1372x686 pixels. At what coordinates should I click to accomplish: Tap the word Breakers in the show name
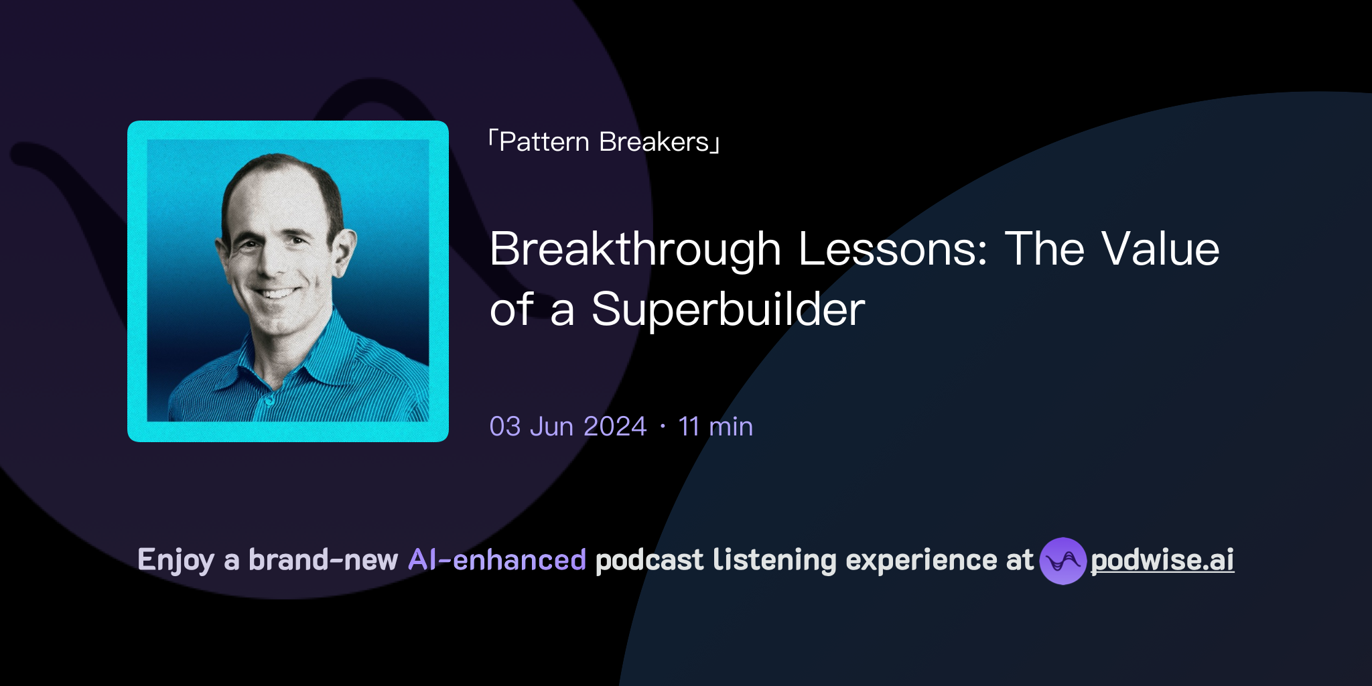point(654,142)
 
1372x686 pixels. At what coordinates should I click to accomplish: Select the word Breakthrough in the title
point(635,249)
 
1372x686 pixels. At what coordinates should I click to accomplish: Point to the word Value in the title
point(1160,249)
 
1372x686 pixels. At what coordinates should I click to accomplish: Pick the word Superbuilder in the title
point(728,310)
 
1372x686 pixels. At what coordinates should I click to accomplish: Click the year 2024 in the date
point(614,427)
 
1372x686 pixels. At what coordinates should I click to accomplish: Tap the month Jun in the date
point(551,427)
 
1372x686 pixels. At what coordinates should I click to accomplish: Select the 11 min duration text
point(715,427)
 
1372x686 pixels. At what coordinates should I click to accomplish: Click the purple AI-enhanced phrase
point(497,560)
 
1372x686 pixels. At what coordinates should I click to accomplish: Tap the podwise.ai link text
point(1162,560)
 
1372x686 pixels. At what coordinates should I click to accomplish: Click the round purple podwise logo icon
point(1062,561)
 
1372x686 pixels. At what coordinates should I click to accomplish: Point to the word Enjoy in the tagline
point(176,560)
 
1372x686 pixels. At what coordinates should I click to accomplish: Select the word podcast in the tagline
point(649,560)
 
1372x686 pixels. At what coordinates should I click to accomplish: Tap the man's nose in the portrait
point(268,265)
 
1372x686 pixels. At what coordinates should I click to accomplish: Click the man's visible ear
point(343,251)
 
